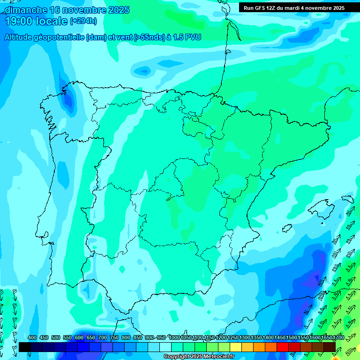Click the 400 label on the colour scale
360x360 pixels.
click(32, 337)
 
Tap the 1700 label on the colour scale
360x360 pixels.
click(338, 337)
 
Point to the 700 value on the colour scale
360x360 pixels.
click(103, 337)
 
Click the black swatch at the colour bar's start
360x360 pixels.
click(25, 347)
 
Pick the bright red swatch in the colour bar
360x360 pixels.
click(283, 347)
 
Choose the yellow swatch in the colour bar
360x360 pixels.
click(236, 347)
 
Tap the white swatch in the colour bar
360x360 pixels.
click(165, 347)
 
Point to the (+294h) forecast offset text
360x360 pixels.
click(83, 21)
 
